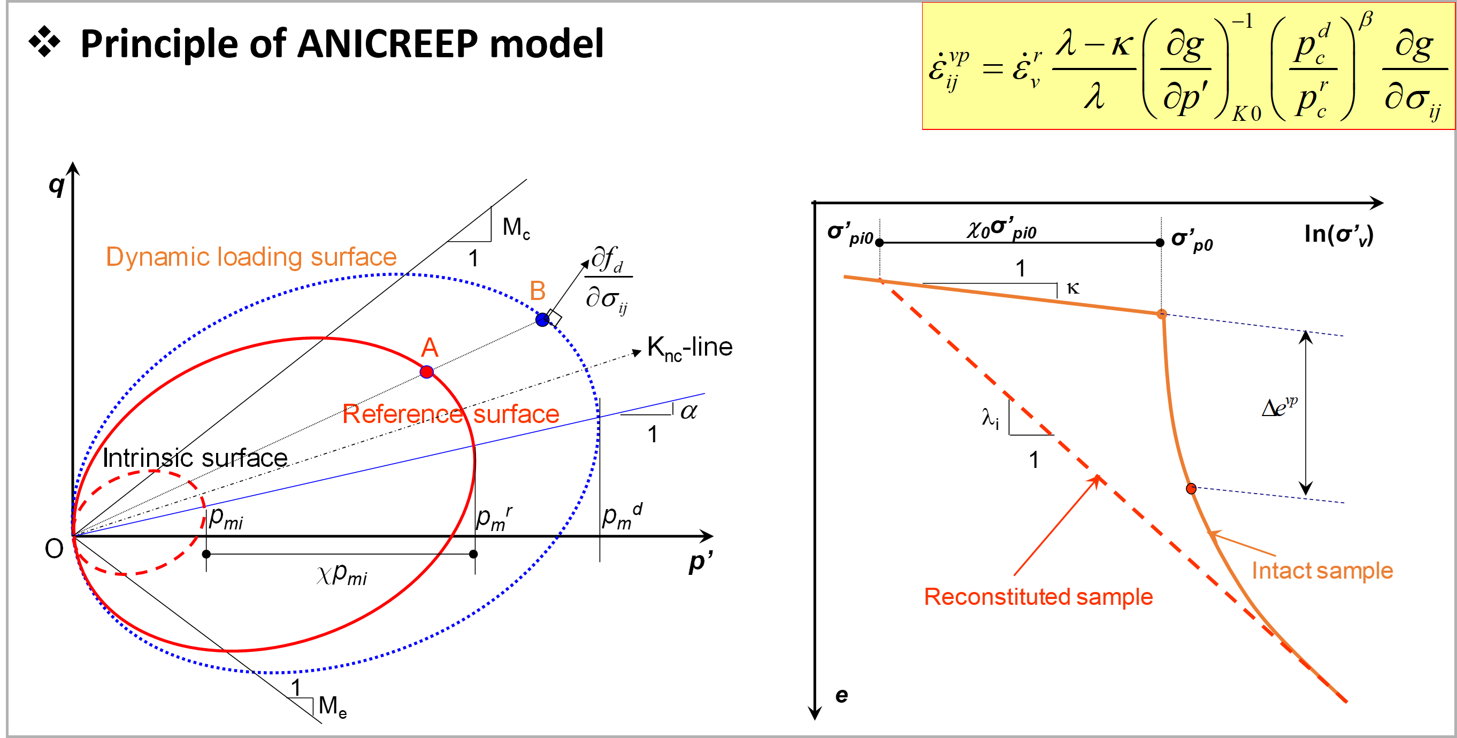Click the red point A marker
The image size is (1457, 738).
click(x=427, y=372)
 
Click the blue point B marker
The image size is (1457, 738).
click(x=542, y=319)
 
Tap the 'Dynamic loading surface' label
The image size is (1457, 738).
click(x=251, y=257)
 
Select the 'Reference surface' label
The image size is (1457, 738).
click(x=451, y=414)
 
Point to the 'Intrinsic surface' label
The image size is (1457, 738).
click(x=195, y=458)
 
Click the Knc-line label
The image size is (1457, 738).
click(x=690, y=347)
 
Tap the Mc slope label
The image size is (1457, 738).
click(x=516, y=228)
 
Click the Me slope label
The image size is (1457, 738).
click(x=333, y=707)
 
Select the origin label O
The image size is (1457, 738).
click(x=55, y=549)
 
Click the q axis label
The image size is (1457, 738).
click(x=57, y=185)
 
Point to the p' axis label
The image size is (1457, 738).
click(x=700, y=562)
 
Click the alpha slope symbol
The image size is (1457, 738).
click(x=688, y=411)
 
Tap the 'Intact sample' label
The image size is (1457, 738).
click(x=1322, y=571)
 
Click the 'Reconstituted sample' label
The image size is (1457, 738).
click(x=1038, y=597)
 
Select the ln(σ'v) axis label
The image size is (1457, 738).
click(x=1339, y=234)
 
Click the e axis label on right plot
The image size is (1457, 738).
click(x=841, y=695)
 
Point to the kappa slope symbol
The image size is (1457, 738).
click(x=1073, y=289)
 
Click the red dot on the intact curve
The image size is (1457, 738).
click(x=1191, y=489)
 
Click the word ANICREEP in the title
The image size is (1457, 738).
click(x=387, y=43)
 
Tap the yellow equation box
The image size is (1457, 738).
click(x=1188, y=66)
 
